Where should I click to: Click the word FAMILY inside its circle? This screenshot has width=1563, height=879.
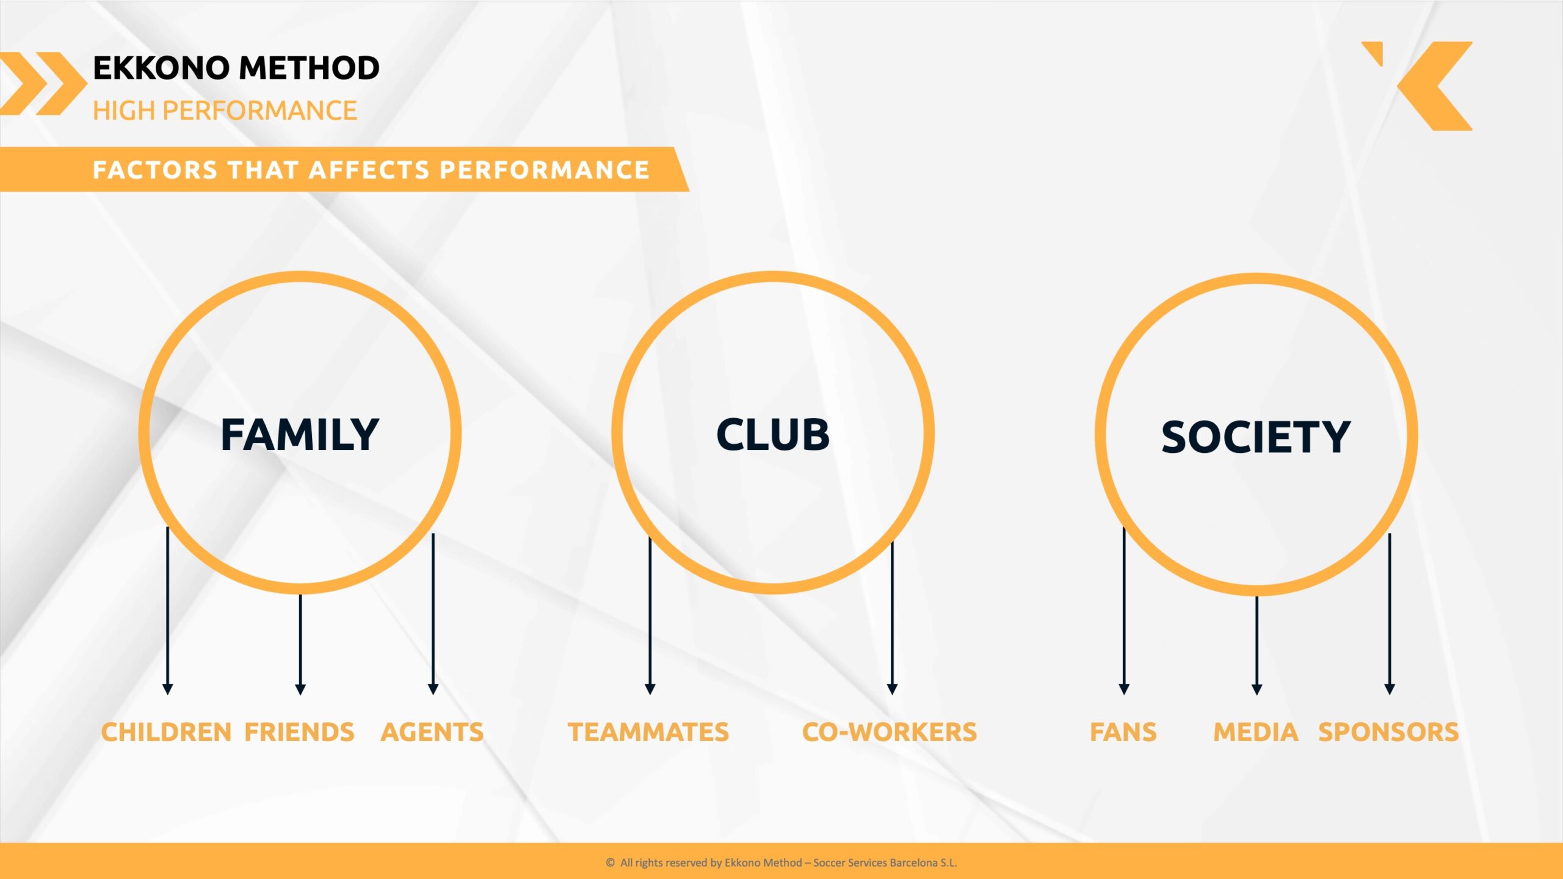(x=300, y=435)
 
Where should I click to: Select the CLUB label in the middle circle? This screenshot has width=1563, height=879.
(x=773, y=435)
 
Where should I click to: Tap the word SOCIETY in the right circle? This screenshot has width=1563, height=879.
(x=1255, y=437)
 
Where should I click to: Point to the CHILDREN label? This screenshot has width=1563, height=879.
(x=166, y=732)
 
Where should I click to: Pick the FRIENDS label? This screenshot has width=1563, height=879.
(x=299, y=732)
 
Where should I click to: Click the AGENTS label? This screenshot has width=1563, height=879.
(x=432, y=732)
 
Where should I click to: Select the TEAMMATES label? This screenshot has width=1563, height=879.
(x=648, y=732)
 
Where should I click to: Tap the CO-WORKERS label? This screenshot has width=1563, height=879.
(x=890, y=732)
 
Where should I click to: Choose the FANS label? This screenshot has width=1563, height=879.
(x=1123, y=732)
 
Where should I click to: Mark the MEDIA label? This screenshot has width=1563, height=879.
(x=1256, y=732)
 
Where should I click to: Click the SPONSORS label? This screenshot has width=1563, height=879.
(x=1388, y=732)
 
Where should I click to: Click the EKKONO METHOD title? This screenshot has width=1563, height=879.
(x=236, y=68)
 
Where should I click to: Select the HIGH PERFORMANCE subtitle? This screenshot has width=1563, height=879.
(x=225, y=111)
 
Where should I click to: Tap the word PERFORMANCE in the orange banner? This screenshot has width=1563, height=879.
(x=545, y=170)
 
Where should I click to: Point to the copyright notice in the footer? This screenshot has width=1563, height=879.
(x=781, y=863)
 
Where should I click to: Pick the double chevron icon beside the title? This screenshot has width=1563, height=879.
(x=43, y=84)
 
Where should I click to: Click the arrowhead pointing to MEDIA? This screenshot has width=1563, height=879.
(x=1257, y=689)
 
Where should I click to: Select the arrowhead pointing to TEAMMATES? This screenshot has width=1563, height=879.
(x=650, y=689)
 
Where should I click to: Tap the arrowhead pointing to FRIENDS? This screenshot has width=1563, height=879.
(x=300, y=689)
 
